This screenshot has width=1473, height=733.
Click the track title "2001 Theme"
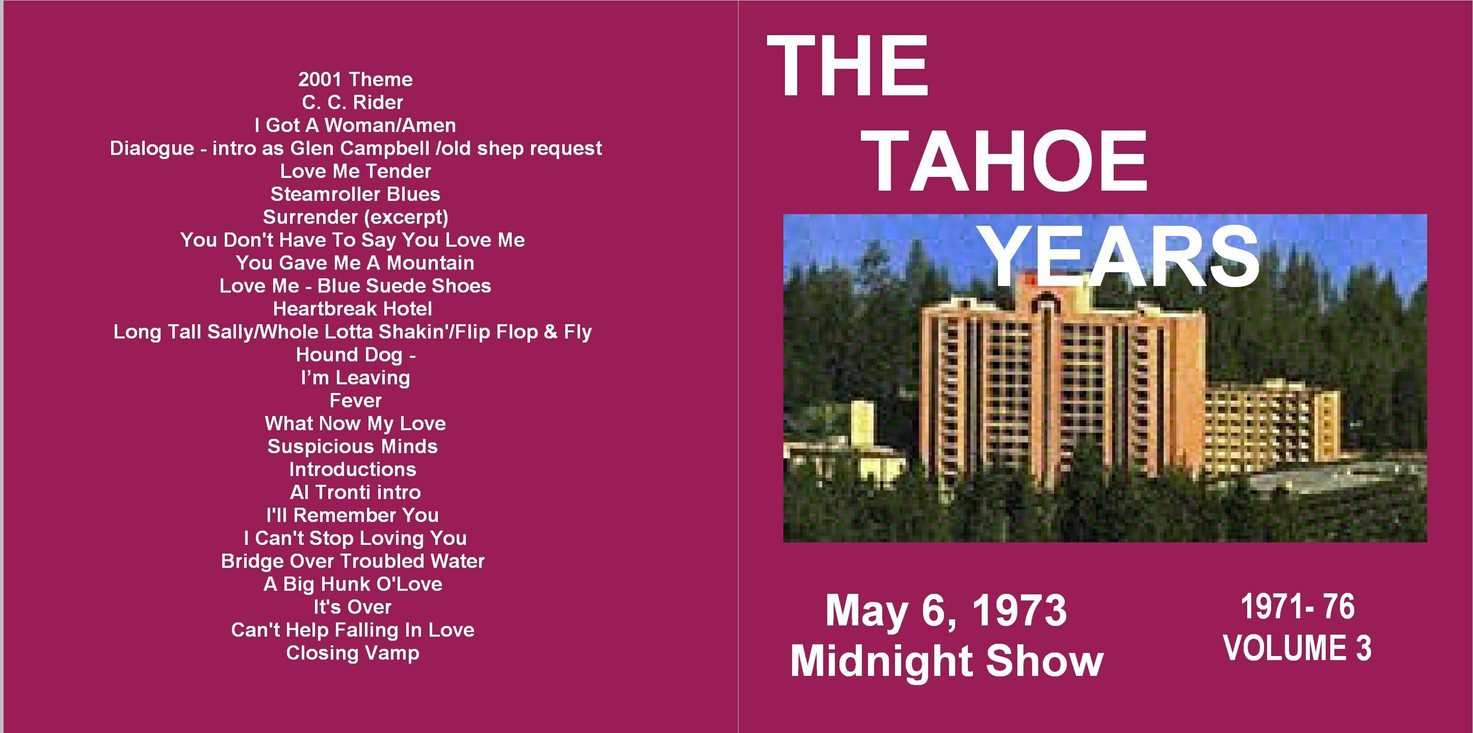click(355, 80)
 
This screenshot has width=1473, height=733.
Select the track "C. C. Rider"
click(353, 102)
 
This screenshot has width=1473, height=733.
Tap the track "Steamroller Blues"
click(355, 194)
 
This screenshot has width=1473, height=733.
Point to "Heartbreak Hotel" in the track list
click(353, 309)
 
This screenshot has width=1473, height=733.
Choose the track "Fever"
click(356, 400)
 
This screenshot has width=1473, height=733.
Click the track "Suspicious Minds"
click(353, 446)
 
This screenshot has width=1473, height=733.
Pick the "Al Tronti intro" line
click(355, 492)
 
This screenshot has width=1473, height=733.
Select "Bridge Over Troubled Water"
click(353, 561)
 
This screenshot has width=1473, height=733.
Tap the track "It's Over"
click(353, 607)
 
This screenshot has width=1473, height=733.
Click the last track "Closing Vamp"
click(353, 653)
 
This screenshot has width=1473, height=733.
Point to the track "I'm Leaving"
click(356, 378)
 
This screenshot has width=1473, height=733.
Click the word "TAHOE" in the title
click(1008, 161)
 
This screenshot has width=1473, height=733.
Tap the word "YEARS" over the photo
click(1121, 255)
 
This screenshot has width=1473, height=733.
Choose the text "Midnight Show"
click(947, 661)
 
